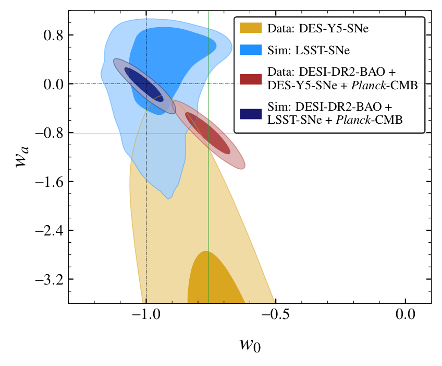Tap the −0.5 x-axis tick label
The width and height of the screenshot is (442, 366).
pyautogui.click(x=275, y=316)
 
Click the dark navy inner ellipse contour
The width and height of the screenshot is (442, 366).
pyautogui.click(x=143, y=83)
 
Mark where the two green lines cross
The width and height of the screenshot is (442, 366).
pyautogui.click(x=208, y=134)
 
